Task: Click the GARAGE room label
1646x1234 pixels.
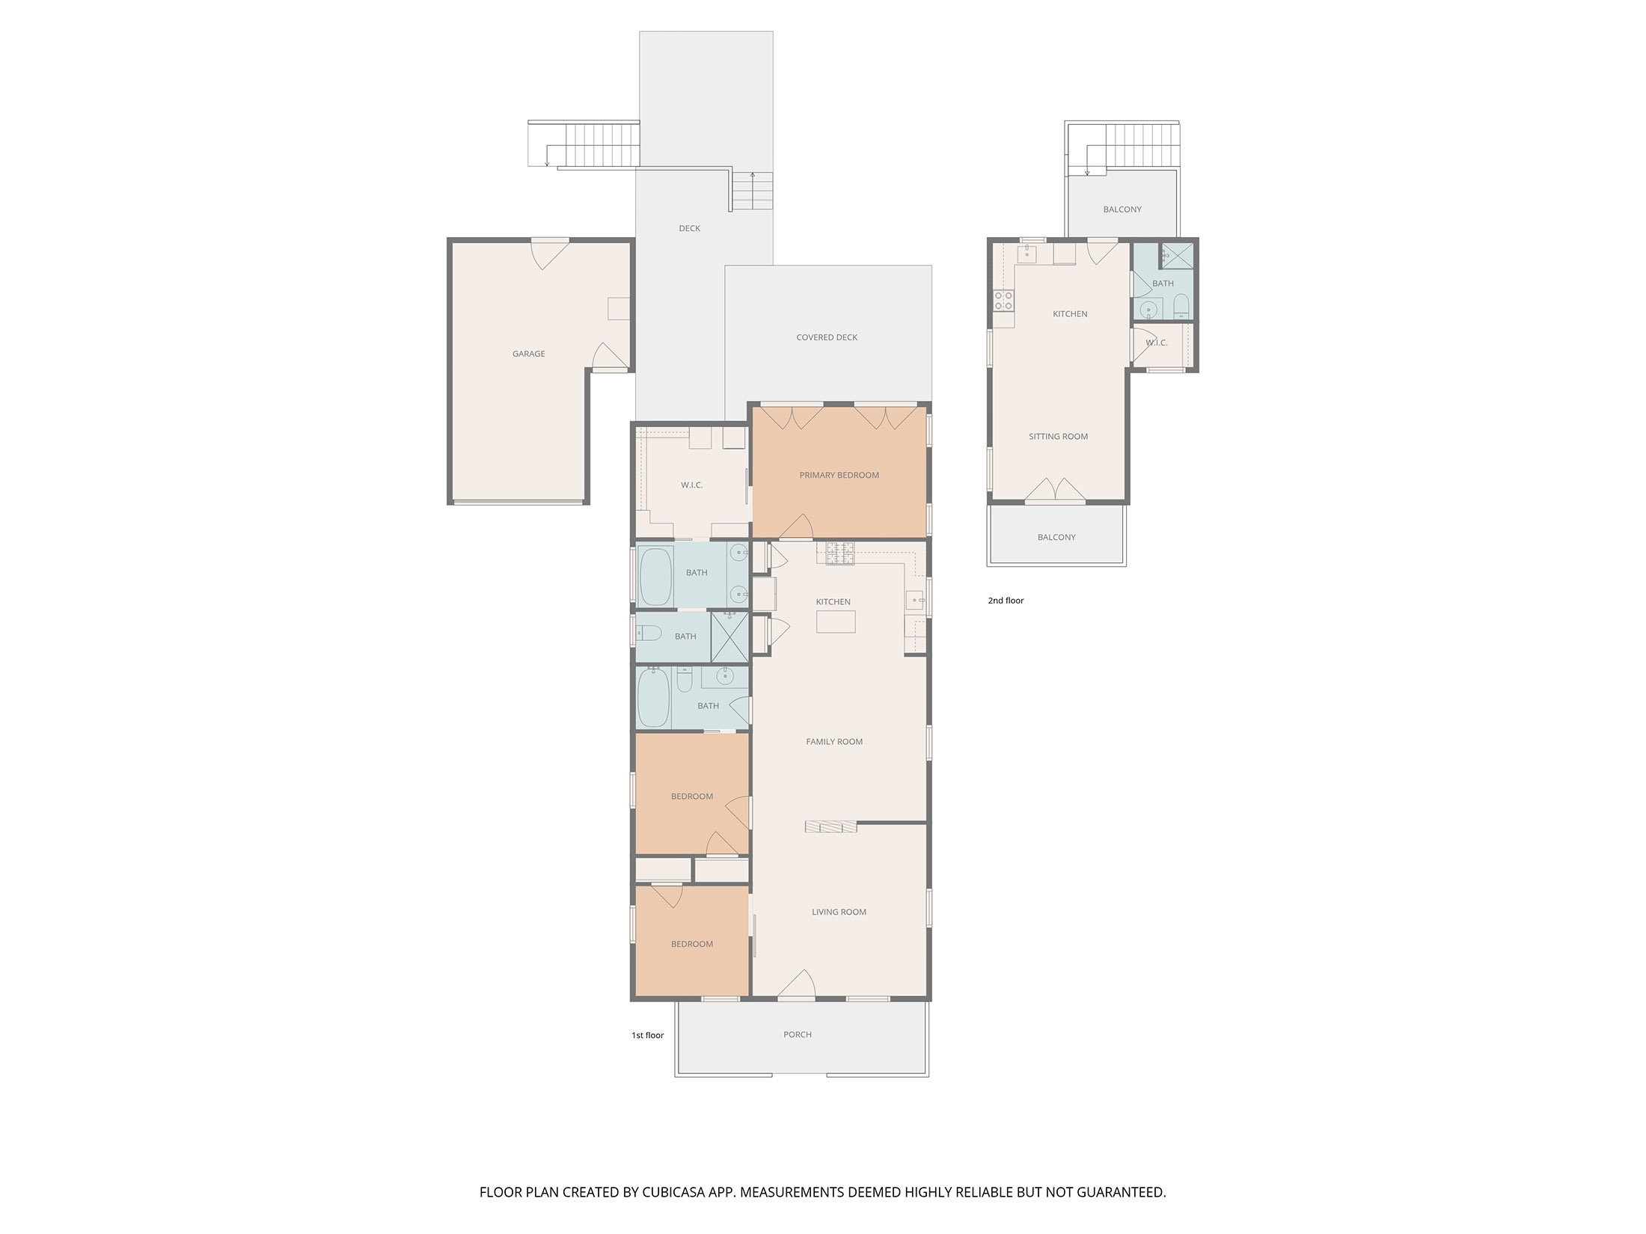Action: pos(528,354)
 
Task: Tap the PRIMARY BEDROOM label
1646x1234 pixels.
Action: pos(839,475)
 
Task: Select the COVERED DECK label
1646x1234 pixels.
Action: pos(827,337)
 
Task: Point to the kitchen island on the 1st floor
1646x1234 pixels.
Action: pos(836,621)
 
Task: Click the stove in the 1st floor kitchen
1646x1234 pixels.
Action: pos(840,554)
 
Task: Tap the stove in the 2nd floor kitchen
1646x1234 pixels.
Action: pos(1003,301)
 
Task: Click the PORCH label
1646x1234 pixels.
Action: pos(798,1034)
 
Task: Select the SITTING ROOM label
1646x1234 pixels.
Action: pos(1058,436)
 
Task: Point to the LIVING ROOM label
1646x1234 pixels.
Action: pos(839,912)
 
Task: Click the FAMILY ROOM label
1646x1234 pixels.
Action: pos(834,741)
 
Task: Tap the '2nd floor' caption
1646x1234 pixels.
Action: pos(1006,601)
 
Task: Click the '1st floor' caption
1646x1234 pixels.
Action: pos(648,1035)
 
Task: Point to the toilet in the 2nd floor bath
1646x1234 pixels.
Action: pos(1181,305)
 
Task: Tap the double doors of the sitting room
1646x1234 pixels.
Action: pos(1055,490)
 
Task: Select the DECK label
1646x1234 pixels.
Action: pos(690,228)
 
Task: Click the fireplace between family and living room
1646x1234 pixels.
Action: pos(830,826)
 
